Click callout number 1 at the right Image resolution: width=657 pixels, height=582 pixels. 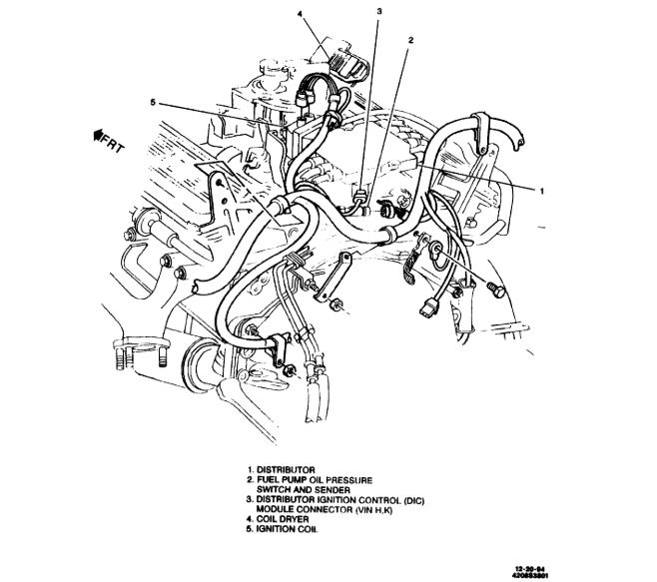tap(540, 190)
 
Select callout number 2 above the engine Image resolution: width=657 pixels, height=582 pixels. tap(409, 41)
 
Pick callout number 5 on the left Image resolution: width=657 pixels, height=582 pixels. tap(151, 102)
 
